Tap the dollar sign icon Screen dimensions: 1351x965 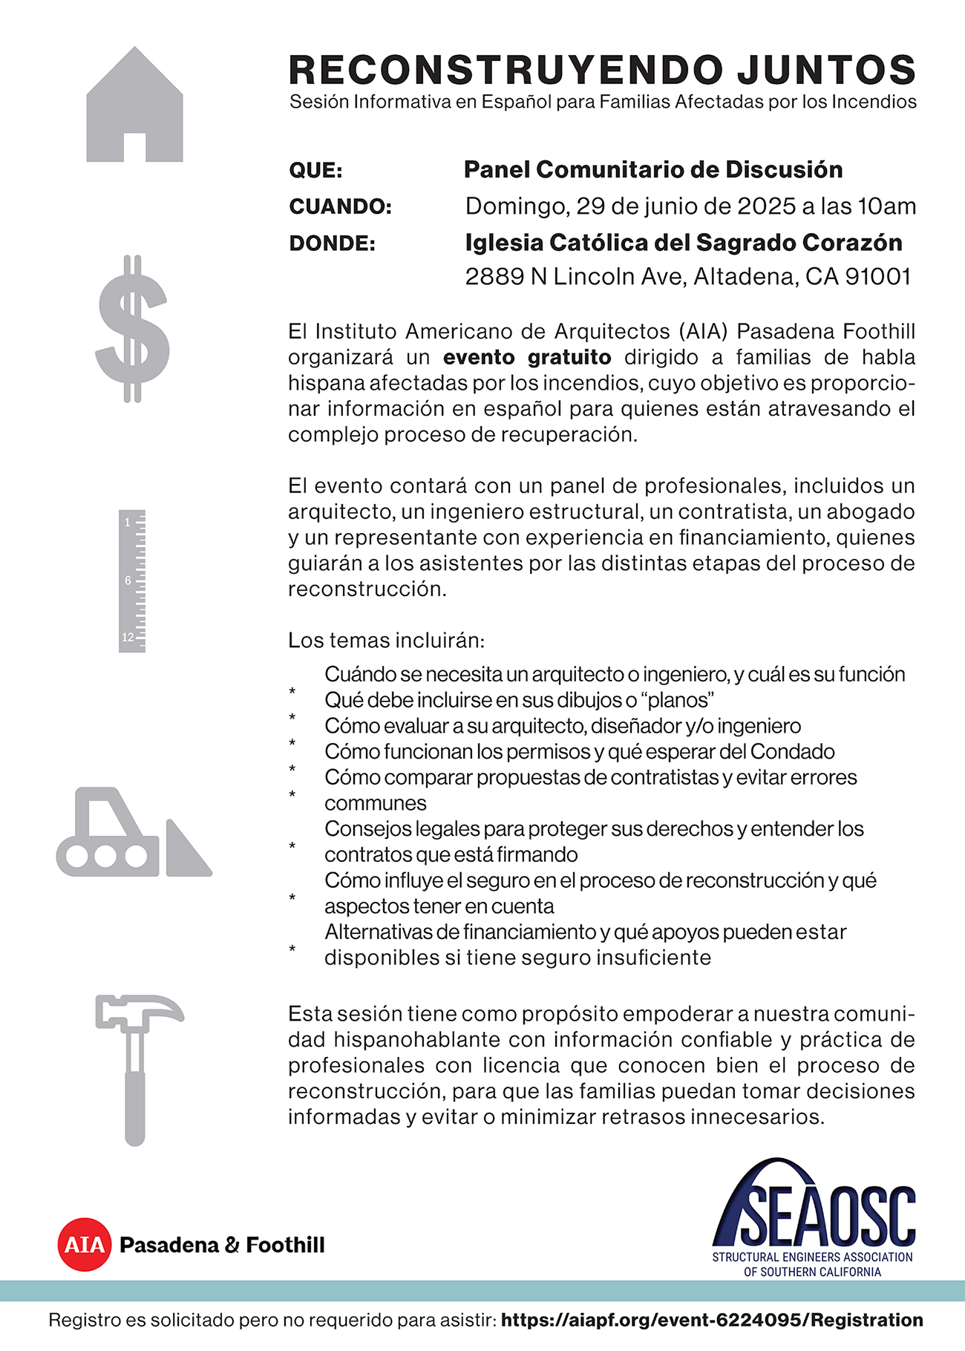133,329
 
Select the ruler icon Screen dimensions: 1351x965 132,580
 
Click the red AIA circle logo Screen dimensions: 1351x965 84,1245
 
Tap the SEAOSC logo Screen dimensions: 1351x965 814,1217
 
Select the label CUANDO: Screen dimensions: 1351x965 340,206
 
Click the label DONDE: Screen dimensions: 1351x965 332,243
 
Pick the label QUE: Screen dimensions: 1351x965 315,170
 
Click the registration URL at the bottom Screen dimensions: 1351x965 712,1320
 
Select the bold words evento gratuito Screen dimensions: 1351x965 527,357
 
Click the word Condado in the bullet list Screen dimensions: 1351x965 792,751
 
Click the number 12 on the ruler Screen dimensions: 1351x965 128,637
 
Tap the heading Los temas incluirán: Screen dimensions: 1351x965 386,640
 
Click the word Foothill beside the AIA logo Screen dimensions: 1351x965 285,1245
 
